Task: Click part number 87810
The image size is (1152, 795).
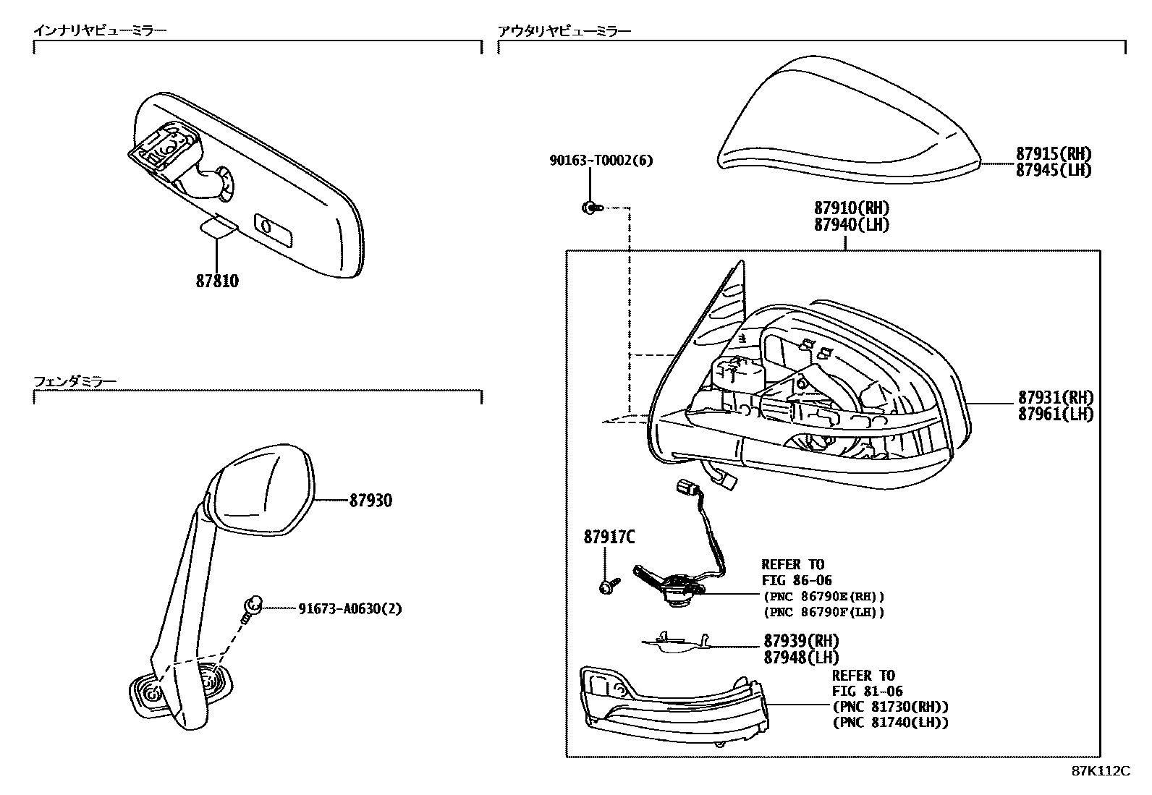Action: (217, 281)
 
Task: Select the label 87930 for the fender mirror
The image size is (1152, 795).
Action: (370, 501)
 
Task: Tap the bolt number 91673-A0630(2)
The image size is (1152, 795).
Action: (350, 609)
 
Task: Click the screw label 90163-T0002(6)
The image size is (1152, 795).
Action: (600, 161)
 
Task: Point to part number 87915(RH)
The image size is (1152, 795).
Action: (1054, 153)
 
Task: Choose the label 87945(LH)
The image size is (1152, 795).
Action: (1054, 170)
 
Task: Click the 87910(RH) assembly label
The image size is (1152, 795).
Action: (851, 209)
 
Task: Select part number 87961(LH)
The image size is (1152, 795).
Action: (1056, 414)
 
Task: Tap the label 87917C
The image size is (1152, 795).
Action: (609, 537)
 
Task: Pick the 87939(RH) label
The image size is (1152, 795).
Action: (801, 641)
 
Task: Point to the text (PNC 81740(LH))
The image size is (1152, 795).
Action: (890, 722)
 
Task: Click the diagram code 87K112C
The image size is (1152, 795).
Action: (1100, 771)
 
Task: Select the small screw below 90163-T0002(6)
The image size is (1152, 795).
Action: (590, 208)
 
